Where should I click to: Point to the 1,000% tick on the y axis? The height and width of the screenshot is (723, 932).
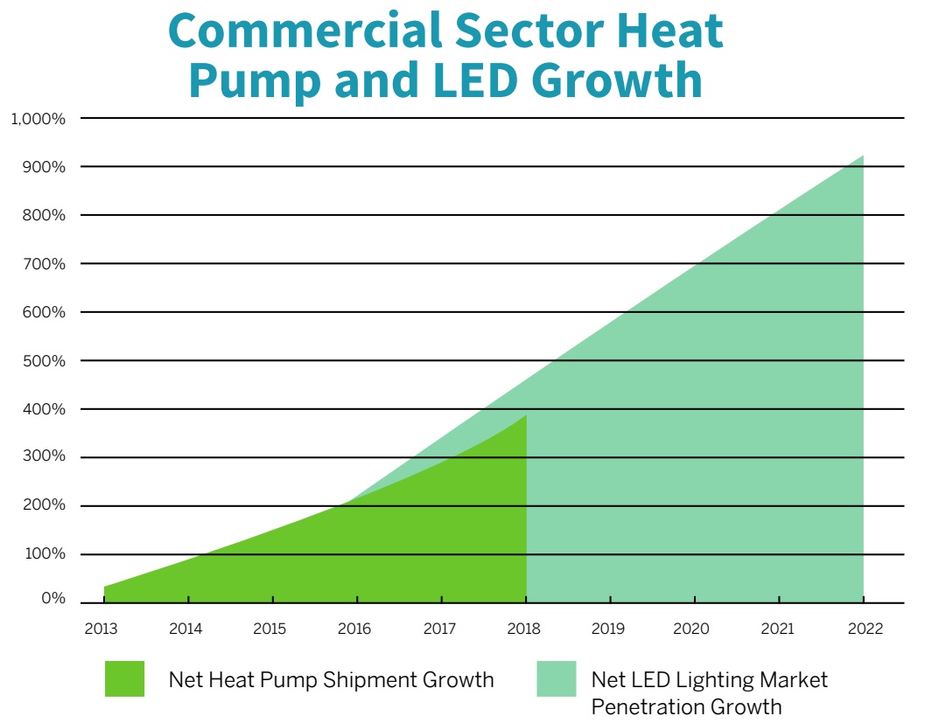point(38,119)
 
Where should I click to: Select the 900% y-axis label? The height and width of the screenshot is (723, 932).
point(44,167)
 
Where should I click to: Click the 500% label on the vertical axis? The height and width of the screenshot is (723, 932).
point(44,361)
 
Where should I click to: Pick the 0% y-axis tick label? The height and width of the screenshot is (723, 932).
point(53,599)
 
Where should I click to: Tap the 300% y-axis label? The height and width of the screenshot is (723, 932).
point(44,456)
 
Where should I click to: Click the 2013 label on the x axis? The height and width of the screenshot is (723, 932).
point(103,629)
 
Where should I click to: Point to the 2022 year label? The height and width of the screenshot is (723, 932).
point(865,629)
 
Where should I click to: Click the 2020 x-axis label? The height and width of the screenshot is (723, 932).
point(696,629)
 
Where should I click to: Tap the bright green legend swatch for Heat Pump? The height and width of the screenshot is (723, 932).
point(124,679)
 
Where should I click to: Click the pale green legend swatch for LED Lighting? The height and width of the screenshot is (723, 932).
point(557,679)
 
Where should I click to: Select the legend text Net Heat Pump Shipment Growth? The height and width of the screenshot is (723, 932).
point(332,679)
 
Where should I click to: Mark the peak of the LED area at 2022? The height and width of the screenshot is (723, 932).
point(863,156)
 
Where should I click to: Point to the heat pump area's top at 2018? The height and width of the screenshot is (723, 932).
point(526,415)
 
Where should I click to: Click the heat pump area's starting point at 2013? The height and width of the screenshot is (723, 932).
point(104,587)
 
